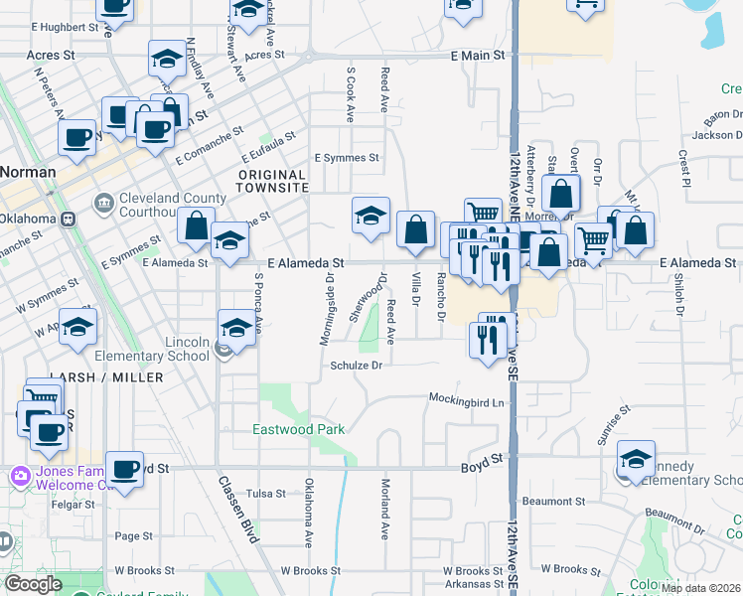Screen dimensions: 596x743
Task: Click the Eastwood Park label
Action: point(298,429)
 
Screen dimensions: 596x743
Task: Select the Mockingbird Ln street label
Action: point(467,400)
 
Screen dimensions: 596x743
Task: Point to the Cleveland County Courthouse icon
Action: point(103,204)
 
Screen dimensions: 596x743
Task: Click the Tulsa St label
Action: point(265,493)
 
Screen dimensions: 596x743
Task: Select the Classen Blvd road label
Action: point(237,508)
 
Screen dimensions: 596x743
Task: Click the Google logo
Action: point(33,584)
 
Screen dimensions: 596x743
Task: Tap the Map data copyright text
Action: point(700,588)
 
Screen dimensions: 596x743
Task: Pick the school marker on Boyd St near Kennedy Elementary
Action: point(636,460)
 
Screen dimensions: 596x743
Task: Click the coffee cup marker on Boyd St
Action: point(125,470)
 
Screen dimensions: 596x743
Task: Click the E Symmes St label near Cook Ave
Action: point(347,158)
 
